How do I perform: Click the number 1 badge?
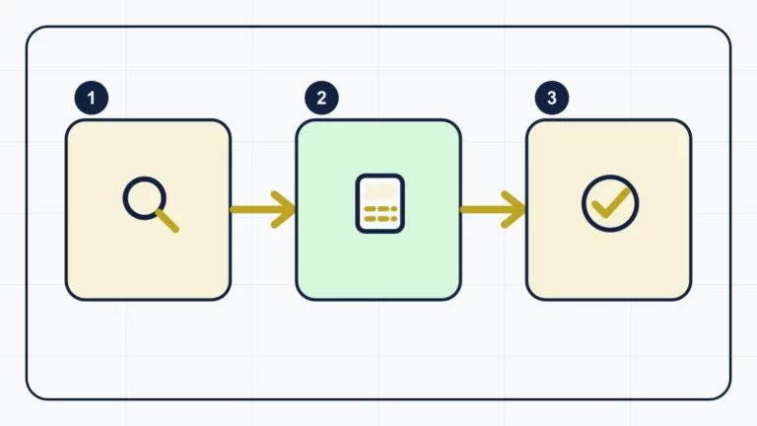point(92,98)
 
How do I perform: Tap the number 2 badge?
point(321,98)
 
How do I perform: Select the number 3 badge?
point(552,98)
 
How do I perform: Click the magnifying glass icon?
point(151,204)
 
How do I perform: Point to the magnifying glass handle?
point(168,221)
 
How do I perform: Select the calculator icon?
point(379,203)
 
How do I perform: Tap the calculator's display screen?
point(379,191)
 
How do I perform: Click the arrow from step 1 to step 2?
point(263,209)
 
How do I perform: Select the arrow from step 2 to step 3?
point(494,209)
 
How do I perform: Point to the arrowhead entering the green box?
point(284,209)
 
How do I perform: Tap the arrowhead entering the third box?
point(515,209)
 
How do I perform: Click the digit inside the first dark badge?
point(92,98)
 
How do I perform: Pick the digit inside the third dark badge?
point(552,98)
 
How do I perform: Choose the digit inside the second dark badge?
point(321,98)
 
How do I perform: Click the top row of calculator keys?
point(380,209)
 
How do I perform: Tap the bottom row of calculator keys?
point(380,219)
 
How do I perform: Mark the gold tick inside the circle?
point(611,203)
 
